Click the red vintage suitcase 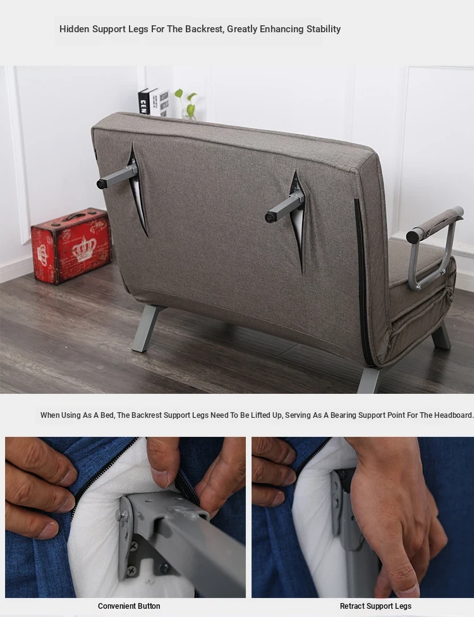[x=71, y=245]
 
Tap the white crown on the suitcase [x=85, y=250]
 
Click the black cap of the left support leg [x=102, y=183]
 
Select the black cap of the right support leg [x=270, y=217]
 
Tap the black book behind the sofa [x=143, y=102]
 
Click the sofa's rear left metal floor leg [x=146, y=329]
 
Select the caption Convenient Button [x=129, y=606]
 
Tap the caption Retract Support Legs [x=375, y=606]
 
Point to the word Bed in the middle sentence [x=107, y=415]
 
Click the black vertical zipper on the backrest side [x=362, y=281]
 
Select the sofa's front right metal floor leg [x=441, y=336]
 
